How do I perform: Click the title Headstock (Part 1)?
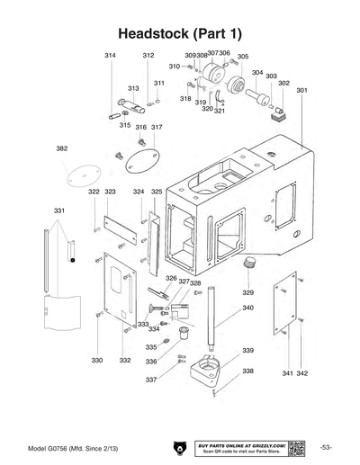click(x=180, y=33)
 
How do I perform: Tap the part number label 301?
click(x=301, y=90)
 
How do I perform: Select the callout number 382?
click(x=62, y=148)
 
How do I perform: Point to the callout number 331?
click(x=58, y=210)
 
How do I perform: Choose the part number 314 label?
click(x=110, y=56)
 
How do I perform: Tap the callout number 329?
click(x=247, y=292)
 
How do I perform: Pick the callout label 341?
click(x=287, y=372)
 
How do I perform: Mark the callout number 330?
click(x=96, y=360)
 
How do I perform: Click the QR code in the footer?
click(x=296, y=447)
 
